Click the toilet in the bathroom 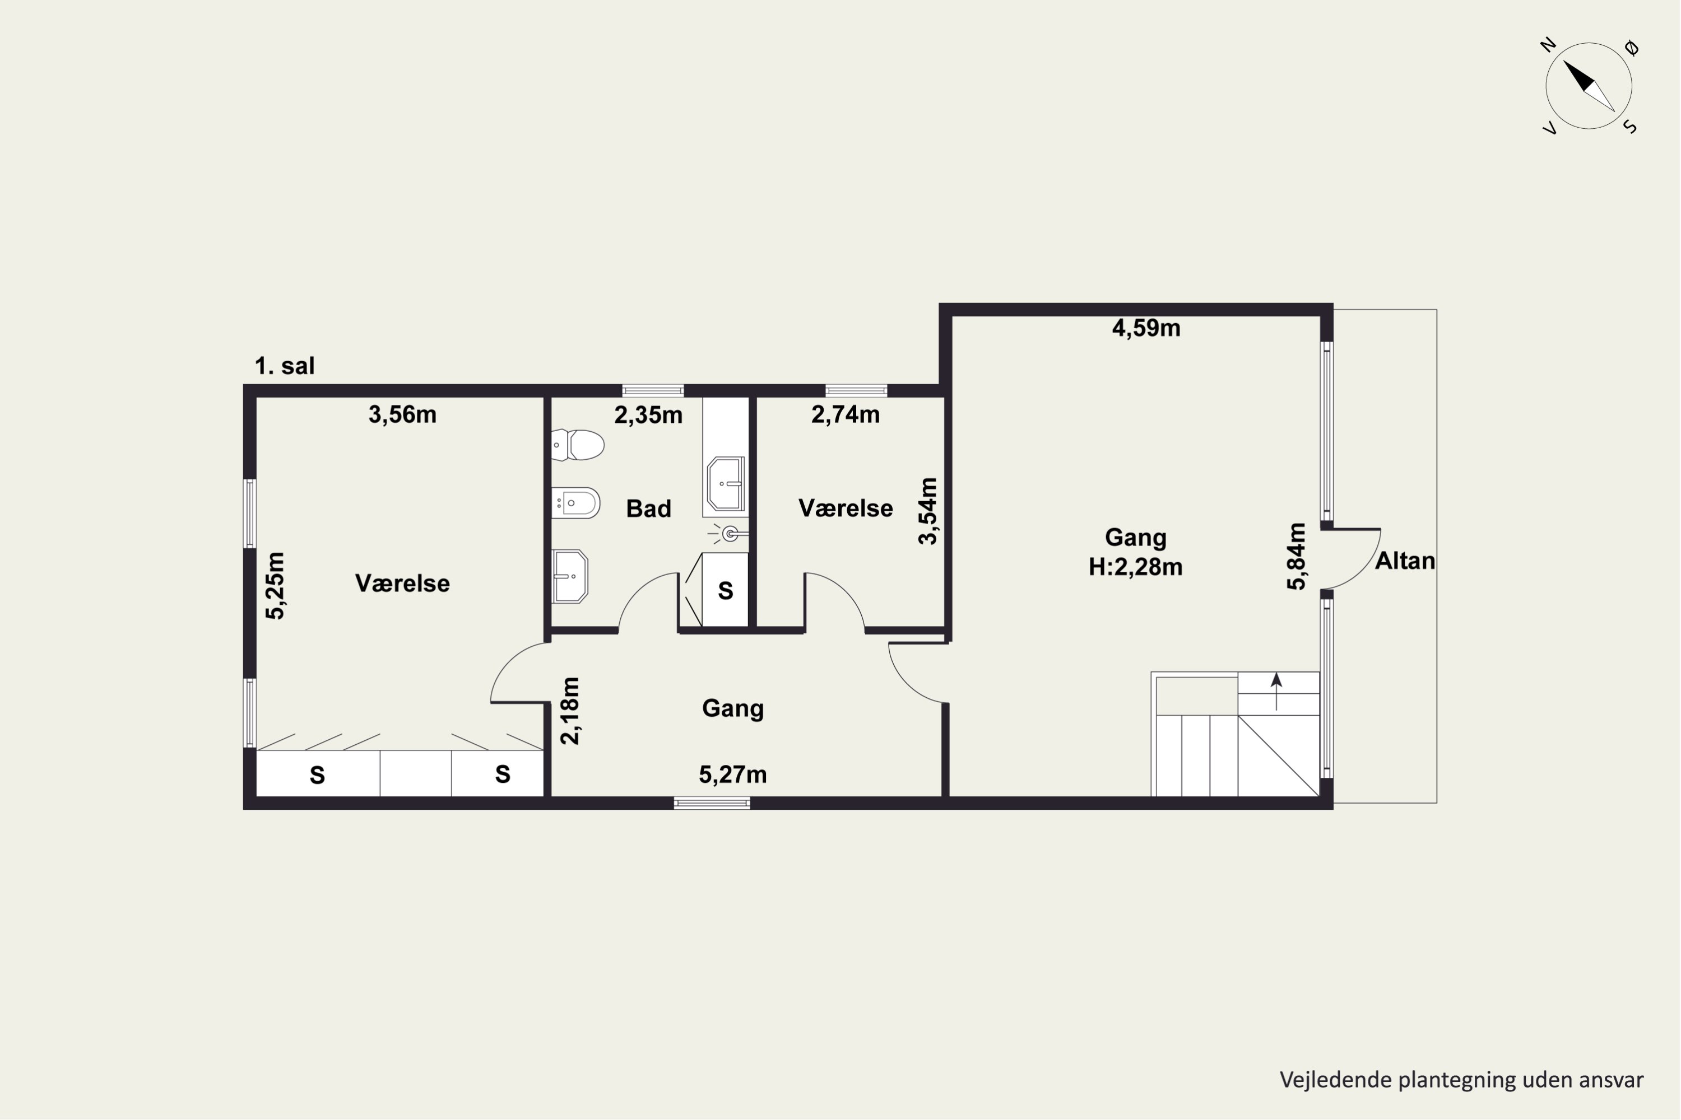[x=578, y=445]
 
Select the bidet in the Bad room [x=576, y=503]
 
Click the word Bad [x=649, y=508]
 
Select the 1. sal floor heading [x=285, y=366]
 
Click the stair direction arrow [x=1276, y=692]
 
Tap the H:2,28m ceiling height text [x=1136, y=567]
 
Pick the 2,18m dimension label [x=570, y=711]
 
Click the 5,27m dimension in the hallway [x=732, y=775]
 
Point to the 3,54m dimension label [x=928, y=511]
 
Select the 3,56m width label [x=402, y=415]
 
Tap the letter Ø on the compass [x=1632, y=48]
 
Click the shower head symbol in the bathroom [x=729, y=534]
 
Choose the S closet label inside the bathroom [x=726, y=591]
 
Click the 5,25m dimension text [x=275, y=586]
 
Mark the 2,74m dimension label [x=846, y=415]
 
